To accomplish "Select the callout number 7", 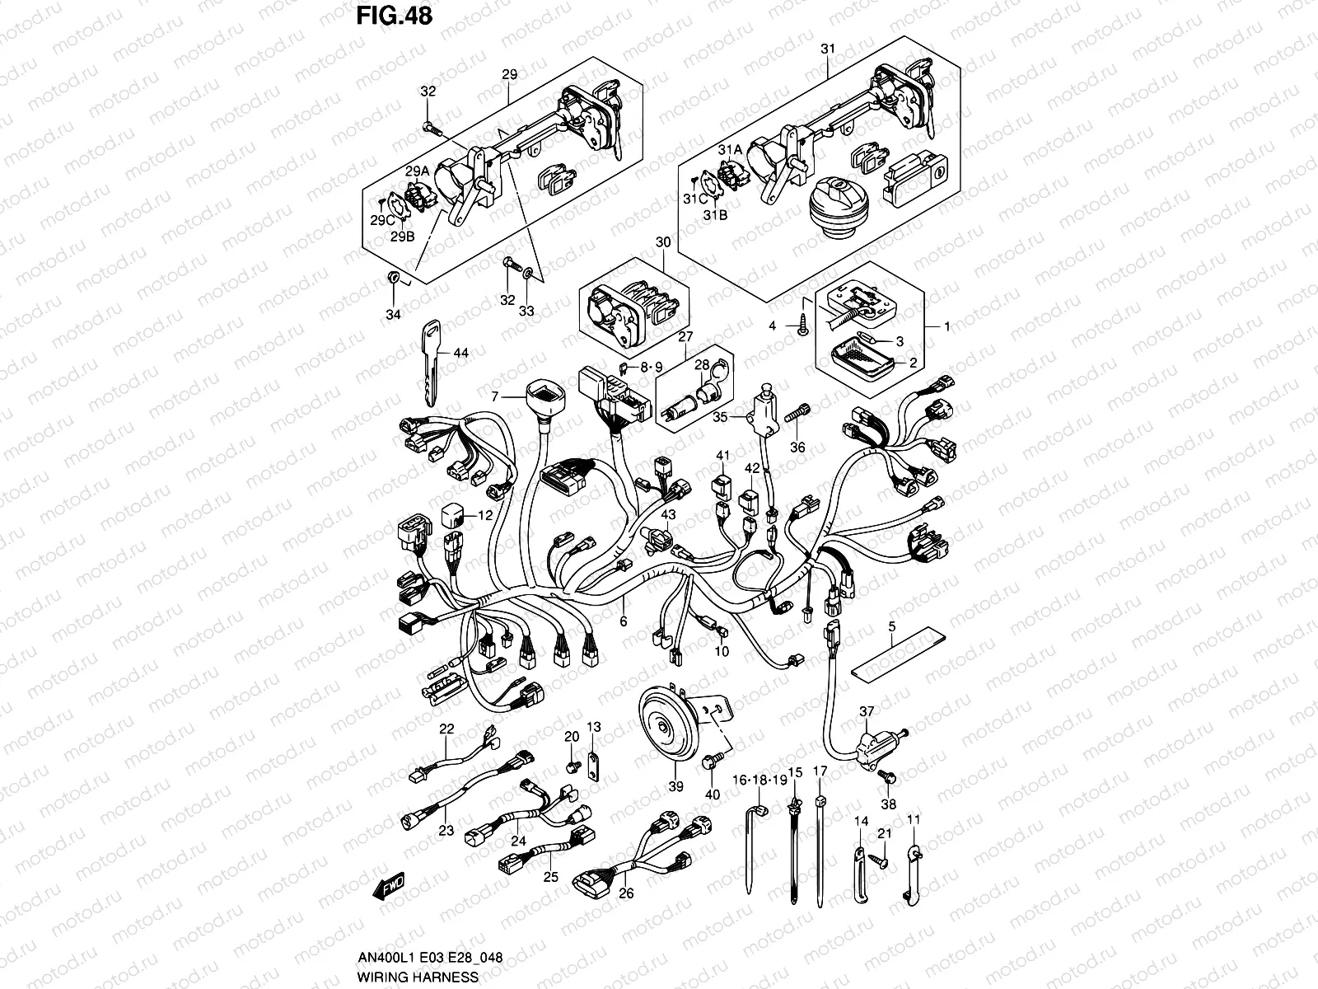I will (x=495, y=397).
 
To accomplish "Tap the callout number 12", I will (x=485, y=516).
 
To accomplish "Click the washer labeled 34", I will (x=394, y=277).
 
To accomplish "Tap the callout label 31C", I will (x=696, y=199).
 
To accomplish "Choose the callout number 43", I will (x=669, y=514).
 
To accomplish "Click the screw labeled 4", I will (x=801, y=326).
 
